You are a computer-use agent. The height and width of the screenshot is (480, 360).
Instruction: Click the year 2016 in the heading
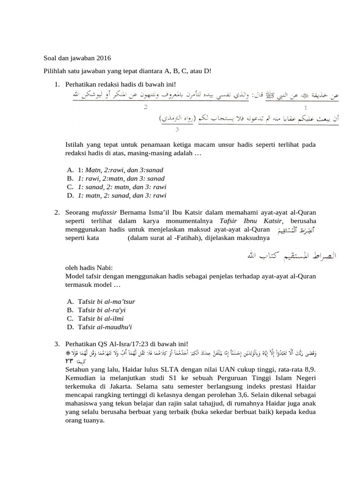tap(104, 59)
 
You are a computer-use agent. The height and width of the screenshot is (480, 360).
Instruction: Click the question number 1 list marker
tap(56, 84)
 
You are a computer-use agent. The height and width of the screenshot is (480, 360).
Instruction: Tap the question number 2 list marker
tap(56, 212)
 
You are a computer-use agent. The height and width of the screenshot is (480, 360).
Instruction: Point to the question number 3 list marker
tap(56, 345)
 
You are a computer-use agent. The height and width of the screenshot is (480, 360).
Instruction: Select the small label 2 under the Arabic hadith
tap(146, 107)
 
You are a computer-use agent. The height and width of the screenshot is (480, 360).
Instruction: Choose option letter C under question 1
tap(70, 187)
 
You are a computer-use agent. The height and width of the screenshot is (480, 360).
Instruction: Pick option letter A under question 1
tap(70, 170)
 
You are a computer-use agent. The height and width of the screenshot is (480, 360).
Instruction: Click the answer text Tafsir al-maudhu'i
tap(106, 327)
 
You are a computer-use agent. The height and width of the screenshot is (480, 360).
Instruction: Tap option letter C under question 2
tap(70, 319)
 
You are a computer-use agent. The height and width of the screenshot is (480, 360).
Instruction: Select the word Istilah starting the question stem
tap(75, 145)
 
